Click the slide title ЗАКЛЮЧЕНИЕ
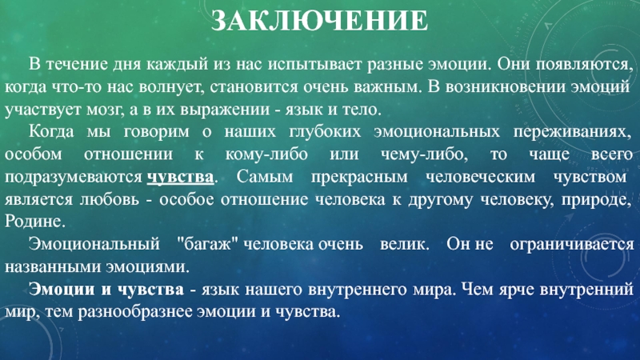(319, 20)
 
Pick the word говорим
(157, 132)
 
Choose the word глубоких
(326, 132)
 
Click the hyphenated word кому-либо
(266, 154)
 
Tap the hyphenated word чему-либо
(424, 154)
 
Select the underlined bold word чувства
(180, 177)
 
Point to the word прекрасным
(359, 178)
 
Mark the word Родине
(35, 222)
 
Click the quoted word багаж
(207, 245)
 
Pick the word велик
(405, 244)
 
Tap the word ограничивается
(572, 245)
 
